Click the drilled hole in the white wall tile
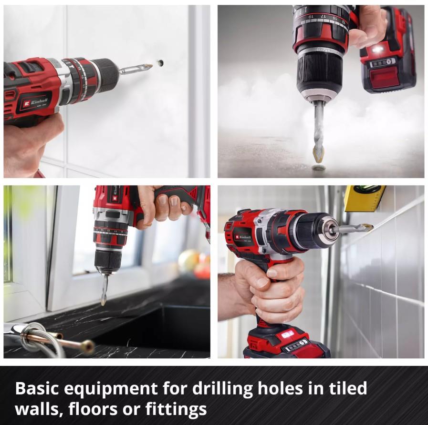[x=160, y=63]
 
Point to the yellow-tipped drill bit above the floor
[x=318, y=152]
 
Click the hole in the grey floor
[x=319, y=167]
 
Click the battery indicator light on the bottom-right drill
[x=287, y=334]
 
